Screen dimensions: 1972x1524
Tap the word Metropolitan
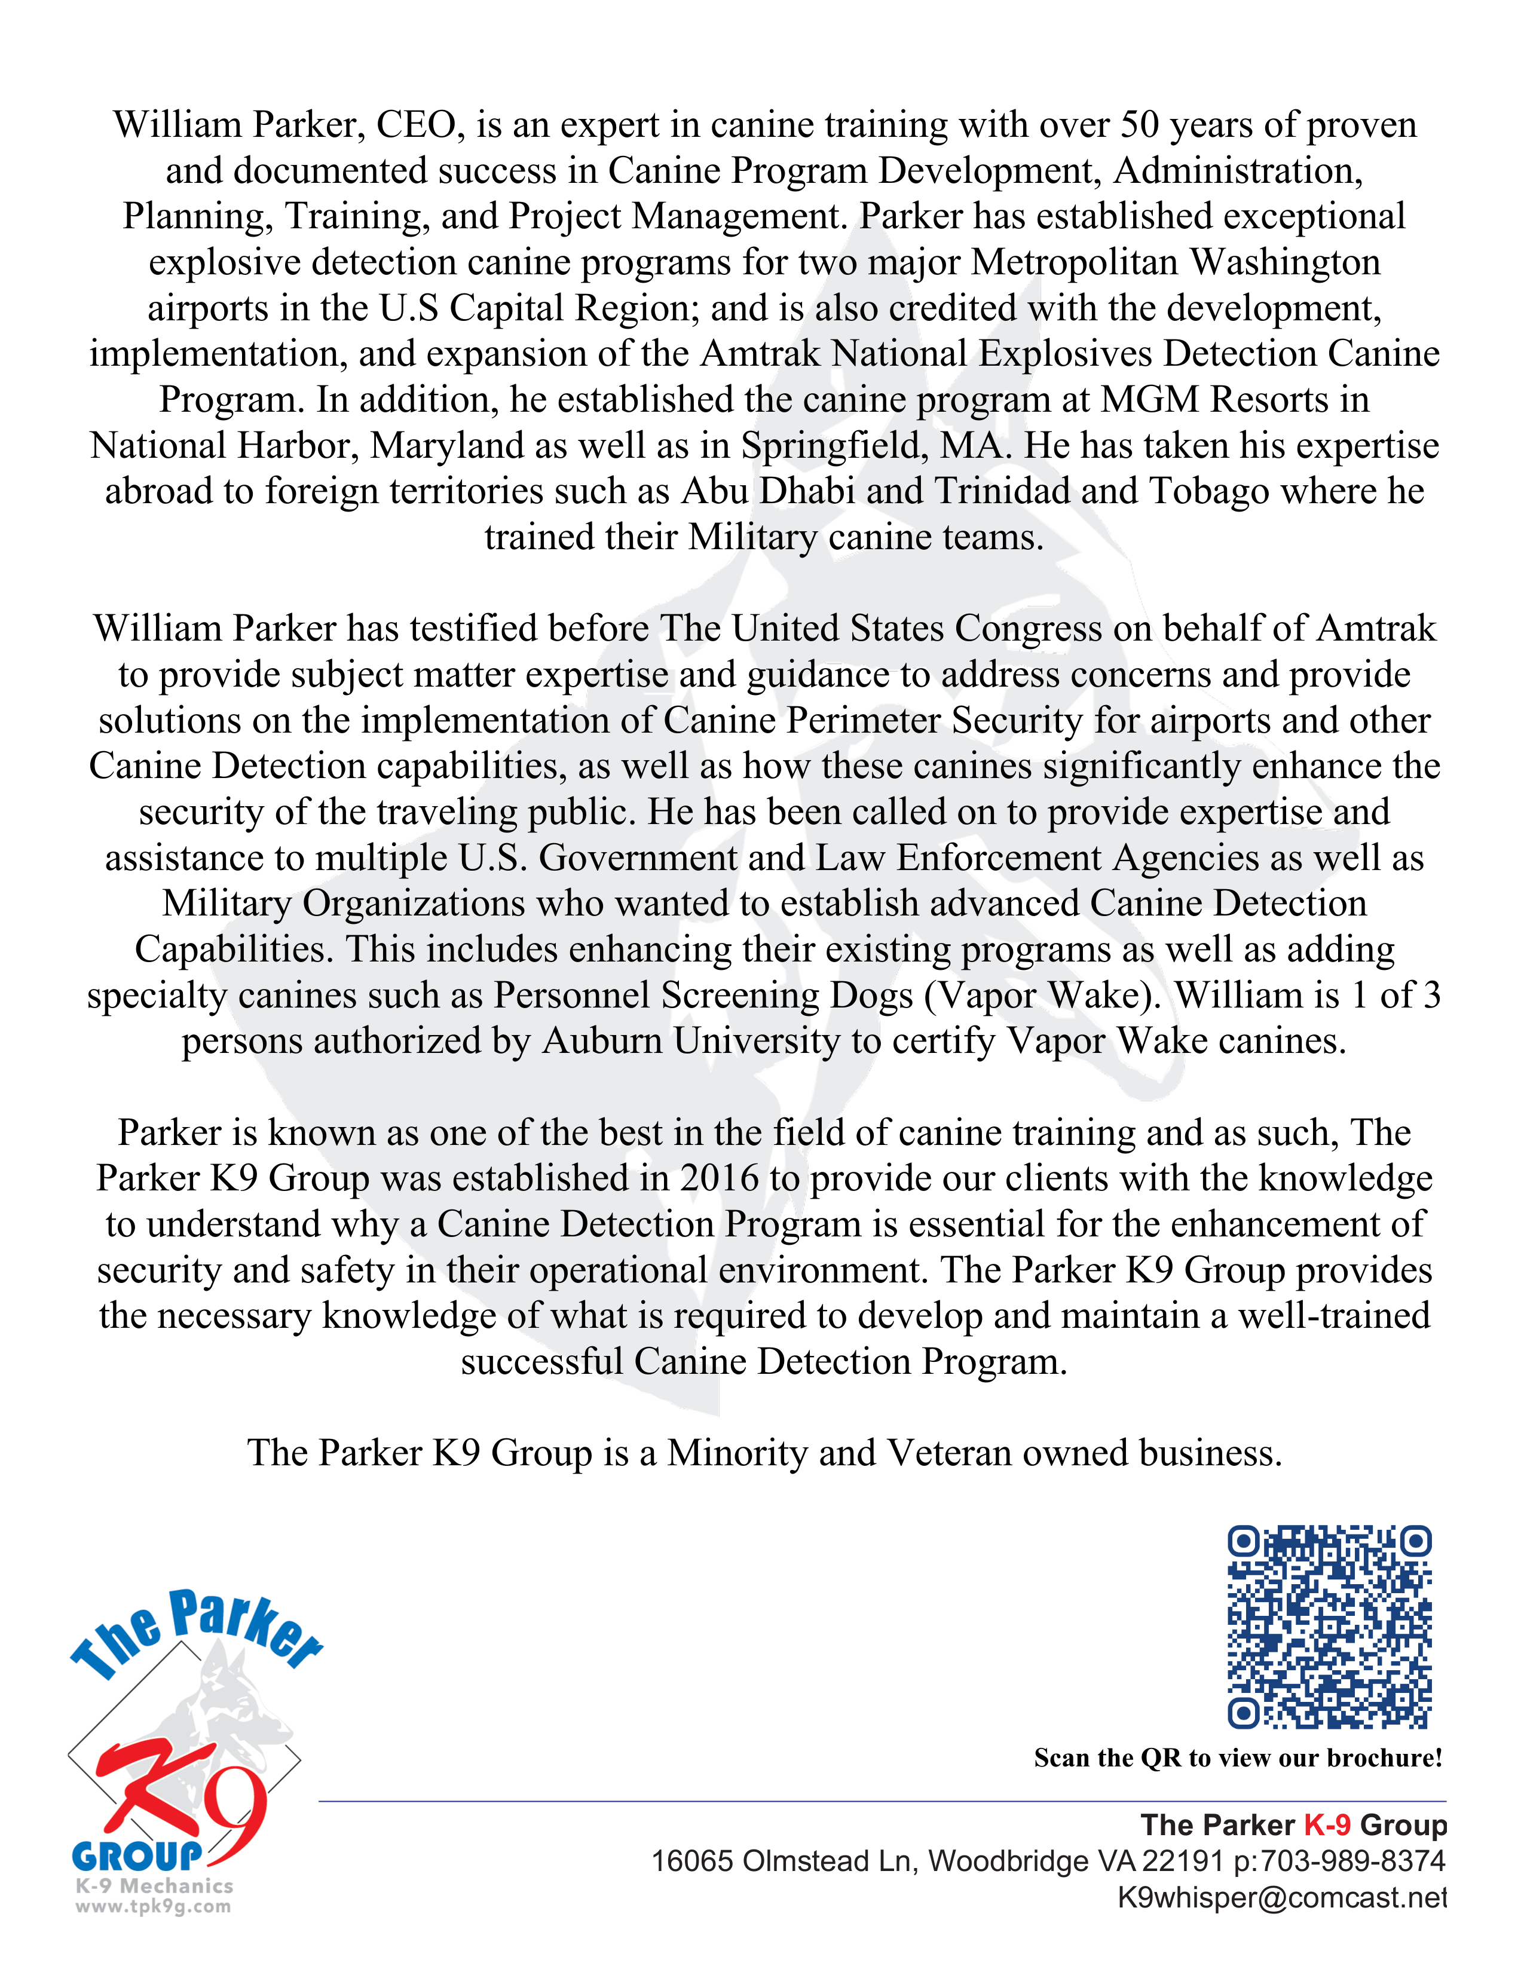(1075, 263)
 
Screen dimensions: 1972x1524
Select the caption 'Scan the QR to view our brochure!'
(1238, 1758)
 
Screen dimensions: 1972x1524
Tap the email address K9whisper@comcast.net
(1282, 1897)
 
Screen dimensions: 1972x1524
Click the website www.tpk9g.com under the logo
(152, 1907)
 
